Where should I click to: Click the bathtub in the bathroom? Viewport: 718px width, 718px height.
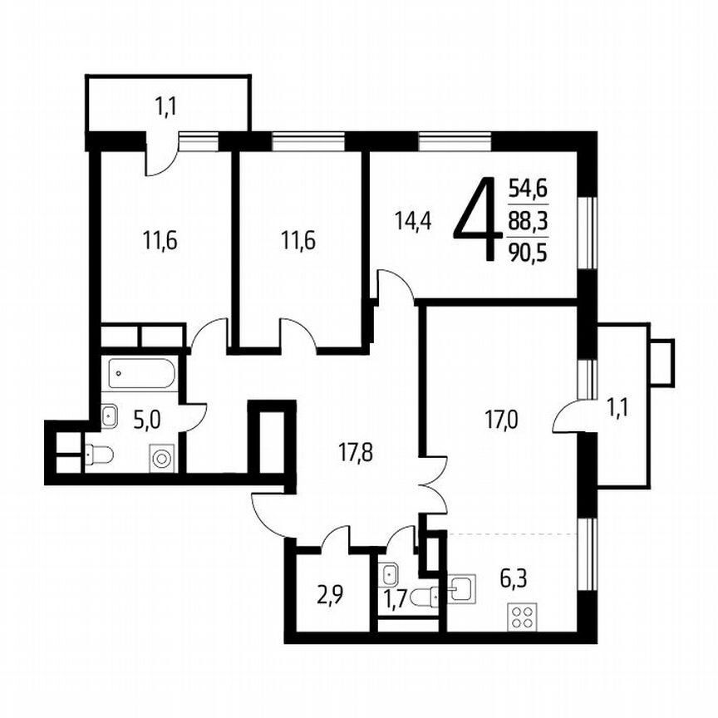point(142,373)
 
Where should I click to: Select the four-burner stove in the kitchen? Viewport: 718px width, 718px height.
point(524,617)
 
